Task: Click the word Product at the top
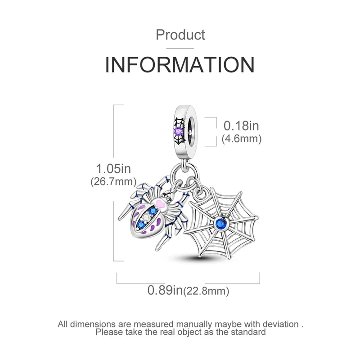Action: (180, 35)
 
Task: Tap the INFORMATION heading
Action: (180, 64)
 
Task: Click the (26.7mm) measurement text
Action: (113, 182)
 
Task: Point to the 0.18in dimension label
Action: (241, 126)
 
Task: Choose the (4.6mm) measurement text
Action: (242, 139)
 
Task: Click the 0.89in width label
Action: (165, 290)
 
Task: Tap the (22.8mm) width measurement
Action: (207, 291)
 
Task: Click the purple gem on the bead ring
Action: (179, 131)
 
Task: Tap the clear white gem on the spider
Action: (145, 217)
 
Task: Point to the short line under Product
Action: (180, 49)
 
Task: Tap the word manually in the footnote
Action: (194, 324)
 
